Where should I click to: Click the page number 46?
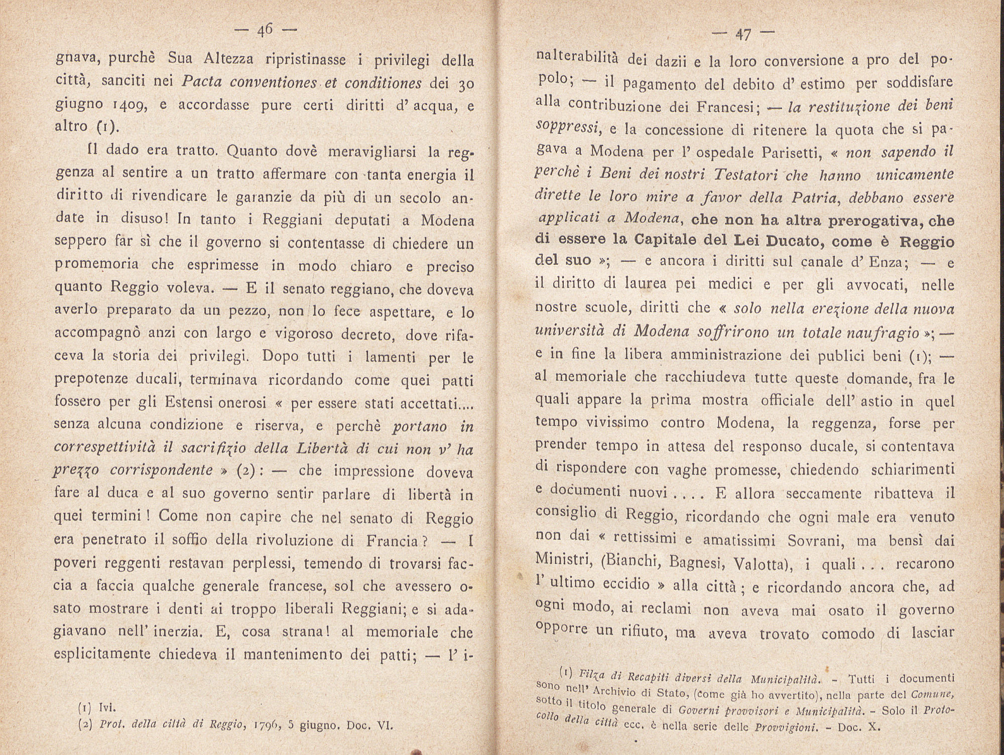[x=265, y=31]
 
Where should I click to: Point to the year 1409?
[x=131, y=105]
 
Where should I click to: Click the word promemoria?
[x=97, y=264]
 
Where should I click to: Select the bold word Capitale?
[x=670, y=241]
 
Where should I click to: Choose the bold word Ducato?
[x=793, y=241]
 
